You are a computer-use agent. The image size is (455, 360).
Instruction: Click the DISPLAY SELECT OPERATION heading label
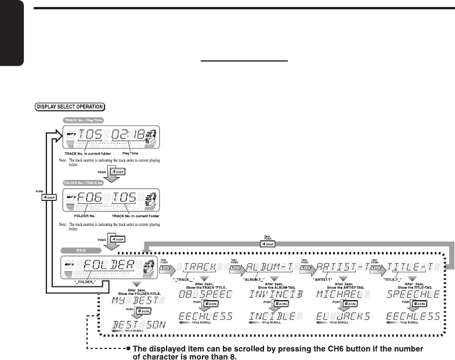coord(70,106)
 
